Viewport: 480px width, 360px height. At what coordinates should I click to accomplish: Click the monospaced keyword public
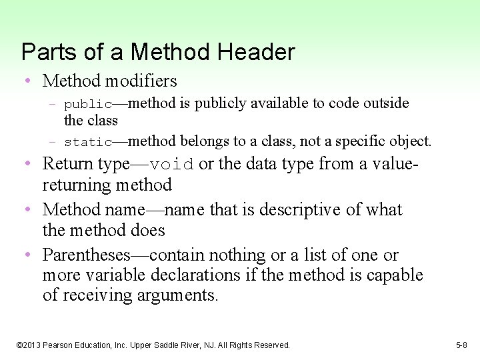88,105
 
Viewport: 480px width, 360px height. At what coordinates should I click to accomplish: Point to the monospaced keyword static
88,142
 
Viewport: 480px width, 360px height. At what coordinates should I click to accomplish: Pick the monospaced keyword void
171,165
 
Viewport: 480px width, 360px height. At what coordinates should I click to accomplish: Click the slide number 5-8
462,345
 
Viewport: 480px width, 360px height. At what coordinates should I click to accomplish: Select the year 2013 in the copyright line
32,345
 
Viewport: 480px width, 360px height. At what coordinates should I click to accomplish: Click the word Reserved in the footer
271,345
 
